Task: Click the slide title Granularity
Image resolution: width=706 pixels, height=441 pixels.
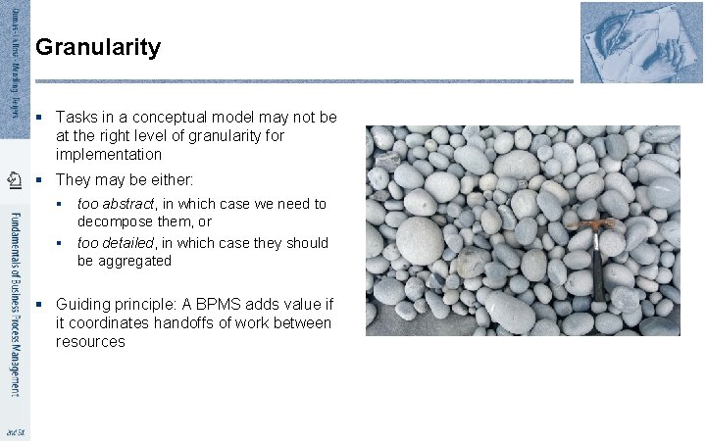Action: click(x=97, y=47)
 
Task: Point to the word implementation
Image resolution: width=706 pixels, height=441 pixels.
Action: click(x=108, y=155)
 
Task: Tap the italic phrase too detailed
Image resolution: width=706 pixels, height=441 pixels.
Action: click(x=115, y=242)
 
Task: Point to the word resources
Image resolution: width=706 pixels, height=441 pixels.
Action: click(x=90, y=342)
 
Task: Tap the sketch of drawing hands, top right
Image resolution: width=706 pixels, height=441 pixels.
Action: click(x=628, y=42)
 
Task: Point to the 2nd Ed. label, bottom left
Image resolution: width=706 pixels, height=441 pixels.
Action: click(x=14, y=432)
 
